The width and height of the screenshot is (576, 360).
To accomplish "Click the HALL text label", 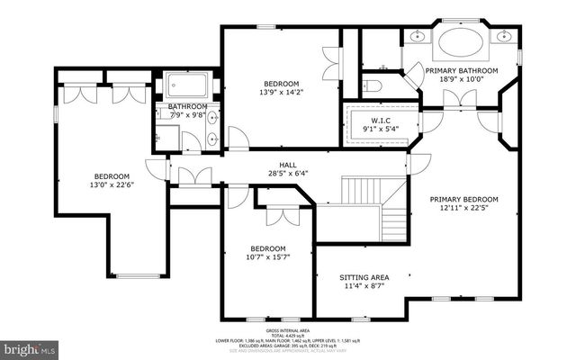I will tap(287, 164).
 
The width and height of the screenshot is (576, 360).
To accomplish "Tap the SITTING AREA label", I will tap(364, 277).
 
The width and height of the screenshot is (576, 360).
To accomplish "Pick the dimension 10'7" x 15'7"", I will tap(268, 258).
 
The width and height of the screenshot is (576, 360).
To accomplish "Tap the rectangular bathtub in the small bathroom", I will tap(190, 87).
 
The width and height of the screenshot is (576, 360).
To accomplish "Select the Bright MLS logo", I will tap(29, 346).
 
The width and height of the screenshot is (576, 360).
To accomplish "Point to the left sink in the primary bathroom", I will tap(418, 38).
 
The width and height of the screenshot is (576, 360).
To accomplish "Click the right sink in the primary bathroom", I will tap(505, 38).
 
